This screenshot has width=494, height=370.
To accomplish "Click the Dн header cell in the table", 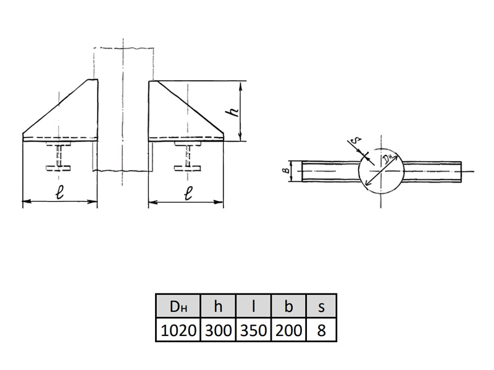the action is [178, 306].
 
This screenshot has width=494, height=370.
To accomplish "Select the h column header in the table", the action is [218, 306].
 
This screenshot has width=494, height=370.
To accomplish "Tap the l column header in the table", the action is [253, 306].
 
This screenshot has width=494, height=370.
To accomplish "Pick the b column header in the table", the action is [288, 306].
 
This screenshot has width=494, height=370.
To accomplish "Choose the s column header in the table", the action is [321, 306].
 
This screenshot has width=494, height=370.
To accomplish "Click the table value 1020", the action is [178, 331].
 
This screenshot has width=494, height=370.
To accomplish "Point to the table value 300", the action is [218, 331].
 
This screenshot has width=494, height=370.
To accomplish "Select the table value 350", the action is [253, 331].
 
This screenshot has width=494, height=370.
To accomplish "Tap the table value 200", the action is [288, 331].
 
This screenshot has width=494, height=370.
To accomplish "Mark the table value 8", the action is [321, 331].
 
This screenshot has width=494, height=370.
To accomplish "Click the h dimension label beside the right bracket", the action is [234, 112].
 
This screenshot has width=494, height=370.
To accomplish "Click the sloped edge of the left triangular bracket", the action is [55, 106].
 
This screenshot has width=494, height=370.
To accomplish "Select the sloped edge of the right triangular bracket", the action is [190, 107].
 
